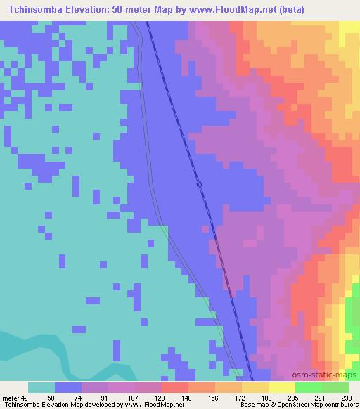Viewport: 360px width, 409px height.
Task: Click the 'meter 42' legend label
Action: (x=14, y=396)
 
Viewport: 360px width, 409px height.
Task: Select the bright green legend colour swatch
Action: (x=309, y=387)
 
